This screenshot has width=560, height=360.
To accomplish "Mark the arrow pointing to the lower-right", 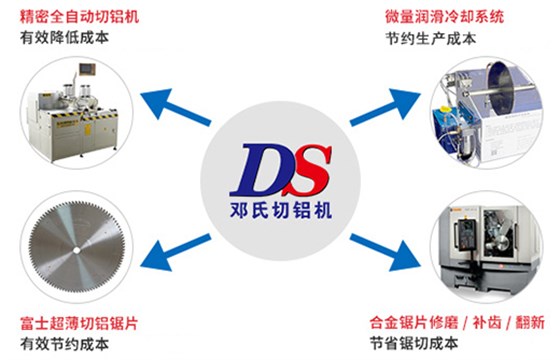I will coord(386,251).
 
